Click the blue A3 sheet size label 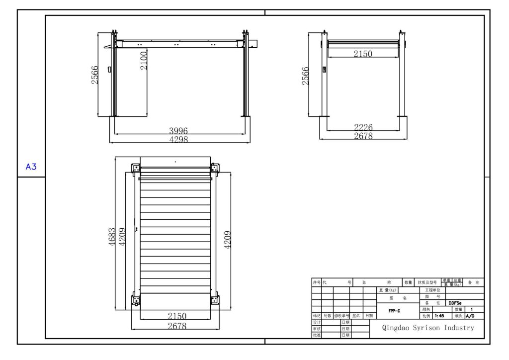click(x=31, y=167)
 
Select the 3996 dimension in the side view click(x=178, y=131)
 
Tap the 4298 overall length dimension click(x=178, y=140)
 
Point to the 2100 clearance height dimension click(x=144, y=60)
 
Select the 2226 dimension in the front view click(x=363, y=128)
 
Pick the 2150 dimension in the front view click(x=363, y=54)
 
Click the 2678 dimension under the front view click(x=363, y=136)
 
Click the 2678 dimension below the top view click(x=177, y=326)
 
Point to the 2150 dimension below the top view click(x=177, y=316)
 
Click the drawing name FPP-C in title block click(x=395, y=311)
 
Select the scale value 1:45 click(x=439, y=316)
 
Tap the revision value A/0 click(x=470, y=316)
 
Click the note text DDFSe click(x=455, y=303)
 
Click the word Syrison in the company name click(x=428, y=328)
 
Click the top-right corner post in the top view click(x=215, y=168)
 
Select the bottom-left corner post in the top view click(x=136, y=300)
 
